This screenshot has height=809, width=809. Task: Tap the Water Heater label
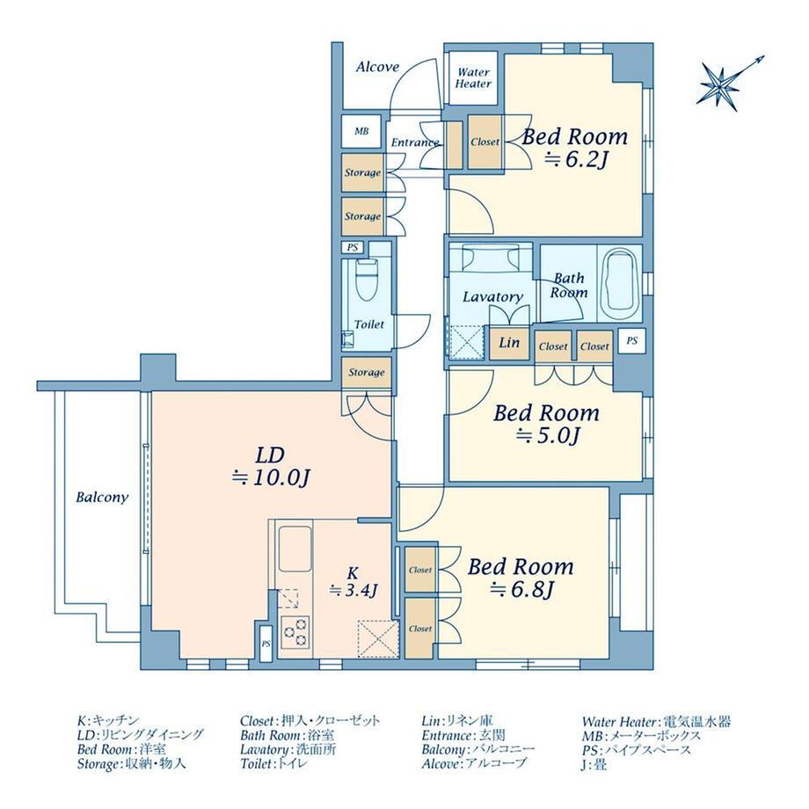(x=473, y=78)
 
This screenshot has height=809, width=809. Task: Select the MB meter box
(x=361, y=132)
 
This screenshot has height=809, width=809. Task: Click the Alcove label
(x=377, y=67)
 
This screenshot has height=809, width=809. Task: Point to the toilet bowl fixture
(x=367, y=280)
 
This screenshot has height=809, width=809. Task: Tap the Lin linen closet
(x=509, y=342)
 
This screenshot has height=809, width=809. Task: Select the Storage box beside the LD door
(x=367, y=372)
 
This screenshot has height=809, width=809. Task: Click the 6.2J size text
(x=575, y=160)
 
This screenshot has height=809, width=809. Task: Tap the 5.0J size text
(x=549, y=436)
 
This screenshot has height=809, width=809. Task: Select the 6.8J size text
(x=521, y=589)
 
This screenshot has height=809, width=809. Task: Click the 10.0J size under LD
(x=270, y=478)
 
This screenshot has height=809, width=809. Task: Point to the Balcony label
(x=102, y=498)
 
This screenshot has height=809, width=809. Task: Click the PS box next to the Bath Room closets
(x=631, y=340)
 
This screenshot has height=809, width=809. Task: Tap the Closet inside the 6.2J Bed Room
(x=485, y=142)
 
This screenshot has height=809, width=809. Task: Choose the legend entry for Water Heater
(x=656, y=722)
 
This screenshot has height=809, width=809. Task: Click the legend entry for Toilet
(x=274, y=763)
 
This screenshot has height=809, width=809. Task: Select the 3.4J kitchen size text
(x=354, y=589)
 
